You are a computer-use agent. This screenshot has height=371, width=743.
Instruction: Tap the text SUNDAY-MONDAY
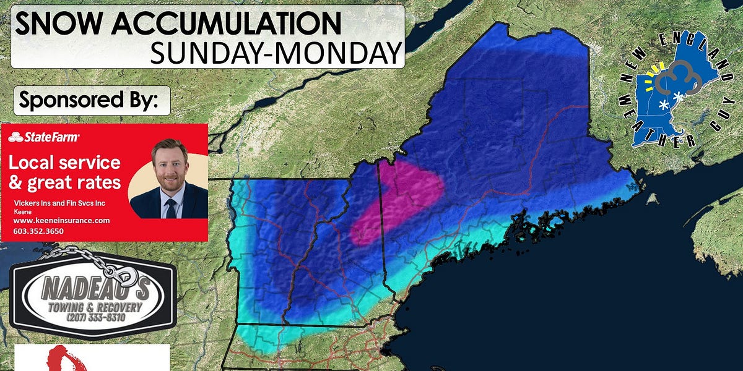[276, 53]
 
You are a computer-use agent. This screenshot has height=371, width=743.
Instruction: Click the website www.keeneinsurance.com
[61, 221]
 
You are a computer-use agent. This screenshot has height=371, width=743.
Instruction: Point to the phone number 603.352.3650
[38, 231]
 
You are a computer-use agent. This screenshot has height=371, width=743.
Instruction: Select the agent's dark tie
[171, 205]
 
